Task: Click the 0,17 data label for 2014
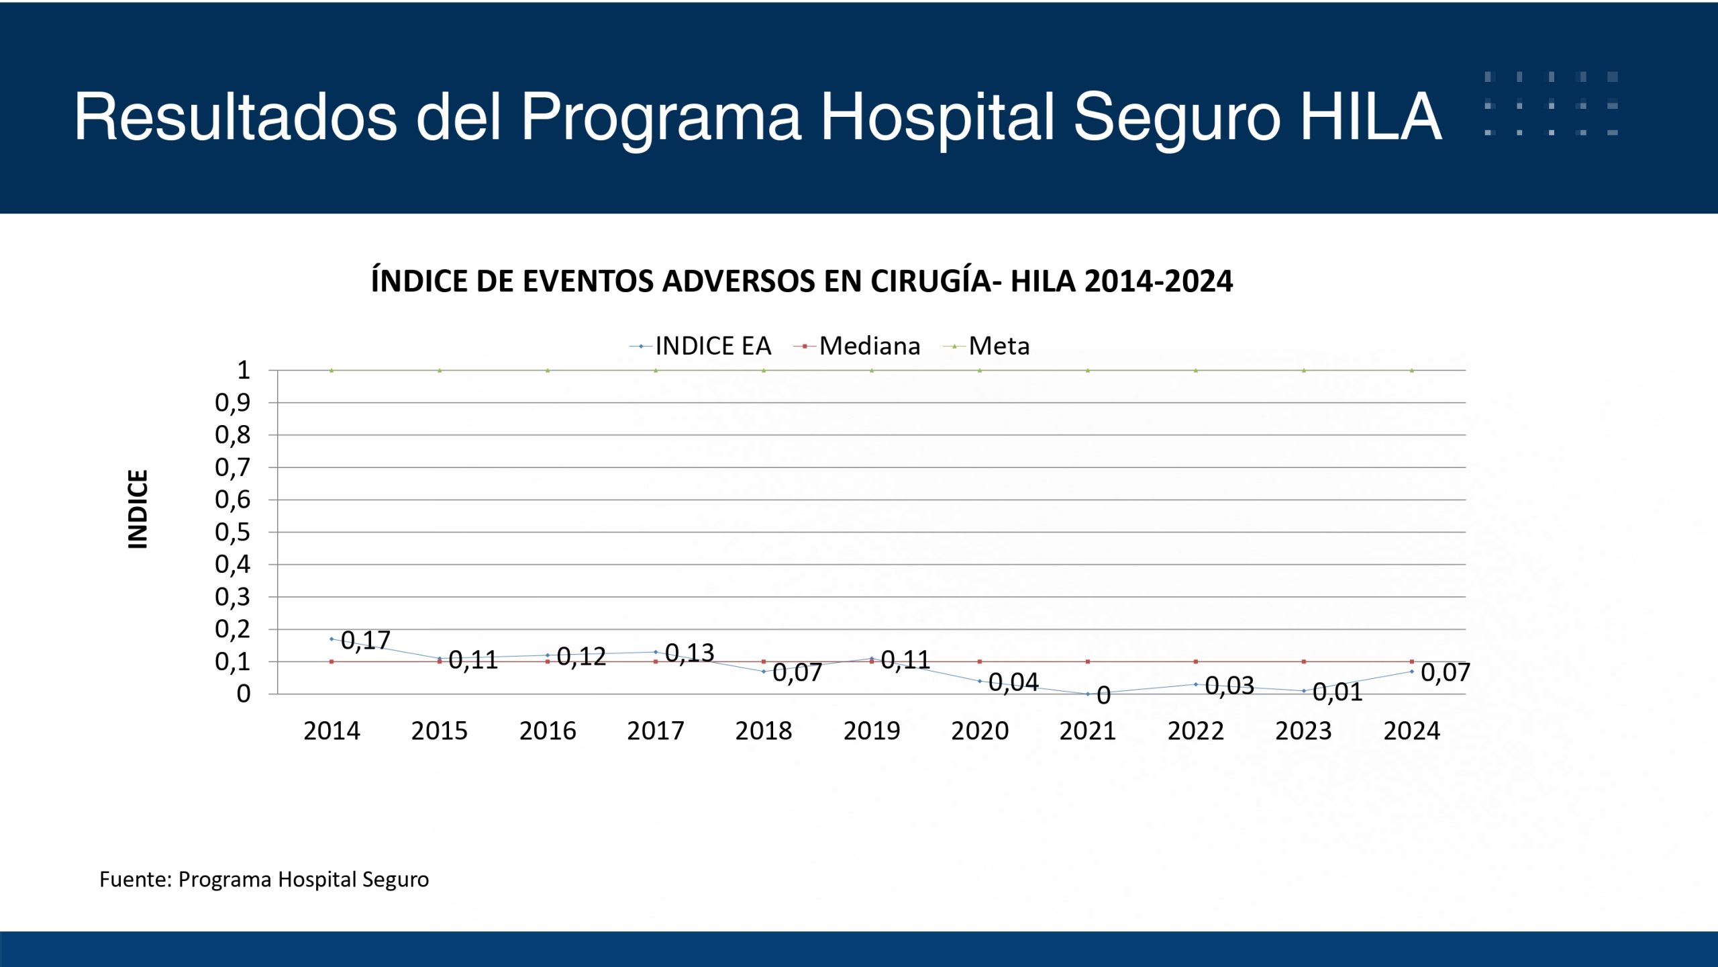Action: [x=366, y=641]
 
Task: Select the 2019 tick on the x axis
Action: [x=871, y=731]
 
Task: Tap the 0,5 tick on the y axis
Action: [x=232, y=533]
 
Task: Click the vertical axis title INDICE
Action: [x=138, y=509]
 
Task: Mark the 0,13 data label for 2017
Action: [x=689, y=653]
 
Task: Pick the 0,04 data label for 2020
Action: [x=1013, y=683]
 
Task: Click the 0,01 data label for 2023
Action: [x=1337, y=692]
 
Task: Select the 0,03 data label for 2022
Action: [x=1229, y=686]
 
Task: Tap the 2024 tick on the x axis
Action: [x=1411, y=731]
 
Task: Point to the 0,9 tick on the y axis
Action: [x=232, y=403]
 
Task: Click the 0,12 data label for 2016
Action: [x=581, y=657]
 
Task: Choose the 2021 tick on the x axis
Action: [x=1087, y=731]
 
